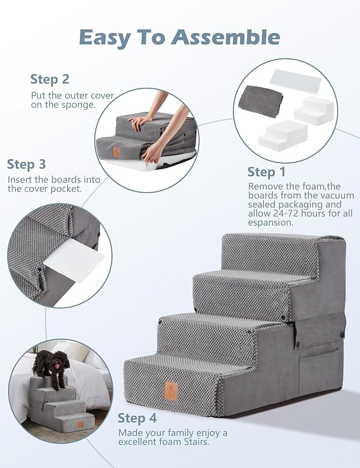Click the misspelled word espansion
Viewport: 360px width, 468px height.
(x=271, y=223)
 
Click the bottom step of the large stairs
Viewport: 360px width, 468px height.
(x=181, y=383)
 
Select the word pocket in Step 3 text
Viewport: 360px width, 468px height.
(x=64, y=189)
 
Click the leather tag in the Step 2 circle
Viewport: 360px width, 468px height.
(x=116, y=152)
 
